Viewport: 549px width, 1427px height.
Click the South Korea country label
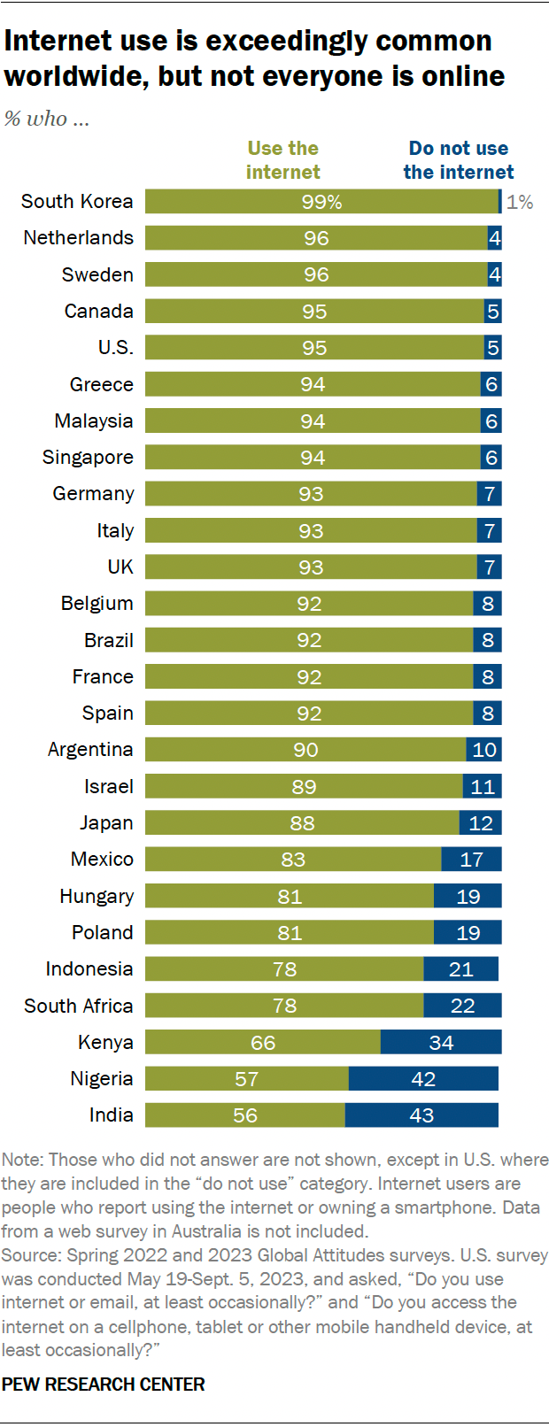[77, 202]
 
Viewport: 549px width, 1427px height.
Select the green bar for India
[244, 1115]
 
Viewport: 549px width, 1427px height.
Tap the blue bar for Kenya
[441, 1042]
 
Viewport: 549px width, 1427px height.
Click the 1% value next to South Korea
[520, 202]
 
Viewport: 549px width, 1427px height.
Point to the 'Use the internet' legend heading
[283, 160]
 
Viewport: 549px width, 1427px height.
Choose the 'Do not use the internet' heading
[458, 160]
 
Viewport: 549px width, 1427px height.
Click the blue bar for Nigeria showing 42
[423, 1079]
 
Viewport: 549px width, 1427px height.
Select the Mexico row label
[102, 860]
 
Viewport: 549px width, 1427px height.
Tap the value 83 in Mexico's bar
[293, 860]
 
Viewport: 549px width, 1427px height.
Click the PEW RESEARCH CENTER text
[103, 1385]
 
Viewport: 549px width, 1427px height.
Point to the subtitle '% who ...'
[46, 119]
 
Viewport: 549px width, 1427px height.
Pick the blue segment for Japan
[480, 823]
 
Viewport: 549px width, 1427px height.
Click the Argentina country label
[90, 750]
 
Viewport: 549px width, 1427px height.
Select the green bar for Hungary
[289, 896]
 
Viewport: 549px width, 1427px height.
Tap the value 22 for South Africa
[462, 1006]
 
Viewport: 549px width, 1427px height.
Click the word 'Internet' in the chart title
[58, 41]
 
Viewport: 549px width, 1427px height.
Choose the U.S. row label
[115, 348]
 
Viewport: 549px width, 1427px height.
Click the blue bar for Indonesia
[460, 969]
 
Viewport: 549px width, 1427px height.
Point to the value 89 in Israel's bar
[304, 786]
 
